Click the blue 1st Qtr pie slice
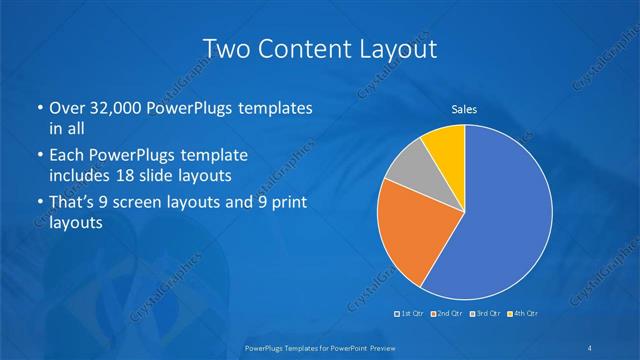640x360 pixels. (x=500, y=220)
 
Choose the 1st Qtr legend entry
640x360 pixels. (x=410, y=313)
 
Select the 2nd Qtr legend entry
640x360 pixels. (x=445, y=313)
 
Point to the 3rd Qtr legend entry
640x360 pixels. (x=482, y=313)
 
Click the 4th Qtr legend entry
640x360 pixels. (x=522, y=313)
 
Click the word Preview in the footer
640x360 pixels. (x=372, y=347)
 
